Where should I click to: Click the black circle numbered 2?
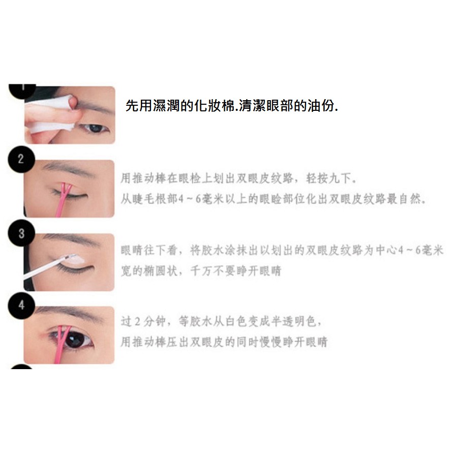21,159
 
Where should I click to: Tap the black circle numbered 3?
21,233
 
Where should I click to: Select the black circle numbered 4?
21,306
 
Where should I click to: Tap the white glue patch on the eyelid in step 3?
75,260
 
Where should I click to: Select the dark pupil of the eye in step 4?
74,340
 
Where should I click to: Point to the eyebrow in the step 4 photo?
69,313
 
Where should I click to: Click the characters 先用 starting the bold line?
139,106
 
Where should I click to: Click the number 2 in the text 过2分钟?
137,321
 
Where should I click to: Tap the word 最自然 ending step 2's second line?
404,199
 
